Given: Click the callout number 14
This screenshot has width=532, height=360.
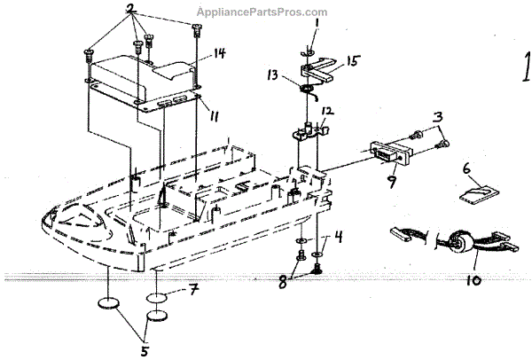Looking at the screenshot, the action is (219, 53).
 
